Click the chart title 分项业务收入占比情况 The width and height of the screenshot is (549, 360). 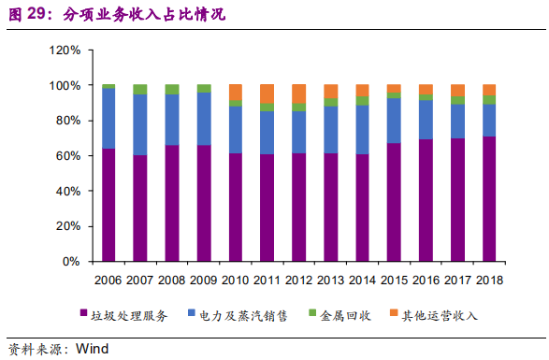click(145, 15)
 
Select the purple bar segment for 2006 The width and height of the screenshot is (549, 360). click(108, 205)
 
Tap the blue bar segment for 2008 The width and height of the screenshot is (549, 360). click(172, 120)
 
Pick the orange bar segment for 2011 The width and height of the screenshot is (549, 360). click(267, 94)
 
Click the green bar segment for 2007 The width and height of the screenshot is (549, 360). click(140, 90)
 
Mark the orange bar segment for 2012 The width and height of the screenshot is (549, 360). click(299, 94)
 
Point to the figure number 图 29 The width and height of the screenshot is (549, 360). click(30, 15)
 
